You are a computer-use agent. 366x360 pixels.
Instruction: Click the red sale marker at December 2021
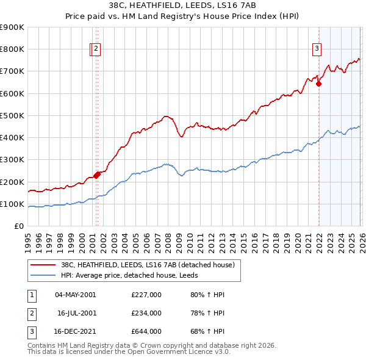click(318, 84)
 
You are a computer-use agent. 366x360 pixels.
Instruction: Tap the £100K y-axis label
click(13, 204)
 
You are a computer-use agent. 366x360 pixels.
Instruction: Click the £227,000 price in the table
click(146, 295)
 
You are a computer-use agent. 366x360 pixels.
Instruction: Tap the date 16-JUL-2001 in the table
click(77, 313)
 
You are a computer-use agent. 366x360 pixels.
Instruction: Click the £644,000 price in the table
click(146, 331)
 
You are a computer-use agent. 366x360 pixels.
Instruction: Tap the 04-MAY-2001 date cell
click(76, 295)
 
